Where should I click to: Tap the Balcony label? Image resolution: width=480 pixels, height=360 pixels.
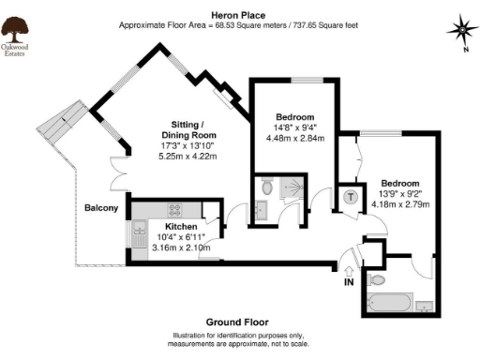[x=100, y=207]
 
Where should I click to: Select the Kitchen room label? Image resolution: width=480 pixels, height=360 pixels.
[x=181, y=227]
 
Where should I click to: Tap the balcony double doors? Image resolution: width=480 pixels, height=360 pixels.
[x=118, y=174]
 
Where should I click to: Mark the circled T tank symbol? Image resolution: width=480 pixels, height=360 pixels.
[x=351, y=196]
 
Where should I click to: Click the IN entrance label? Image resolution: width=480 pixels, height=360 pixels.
[x=350, y=280]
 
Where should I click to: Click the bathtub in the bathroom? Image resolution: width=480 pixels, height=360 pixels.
[x=389, y=303]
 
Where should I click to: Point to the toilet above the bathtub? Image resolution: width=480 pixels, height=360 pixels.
[x=377, y=278]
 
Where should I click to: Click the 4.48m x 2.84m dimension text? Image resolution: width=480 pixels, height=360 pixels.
[x=294, y=138]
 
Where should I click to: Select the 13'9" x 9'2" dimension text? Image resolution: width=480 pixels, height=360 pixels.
[x=399, y=193]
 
